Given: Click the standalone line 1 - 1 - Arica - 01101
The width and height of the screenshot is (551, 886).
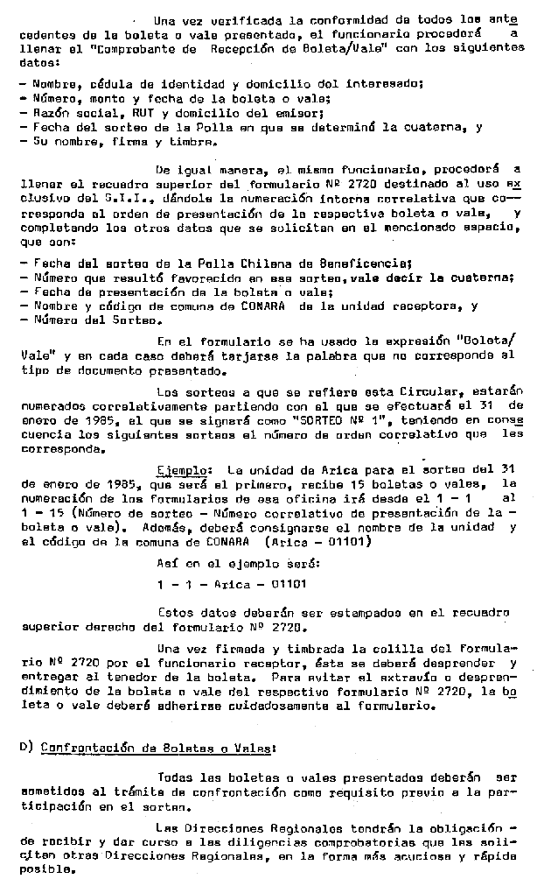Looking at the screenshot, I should click(232, 584).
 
